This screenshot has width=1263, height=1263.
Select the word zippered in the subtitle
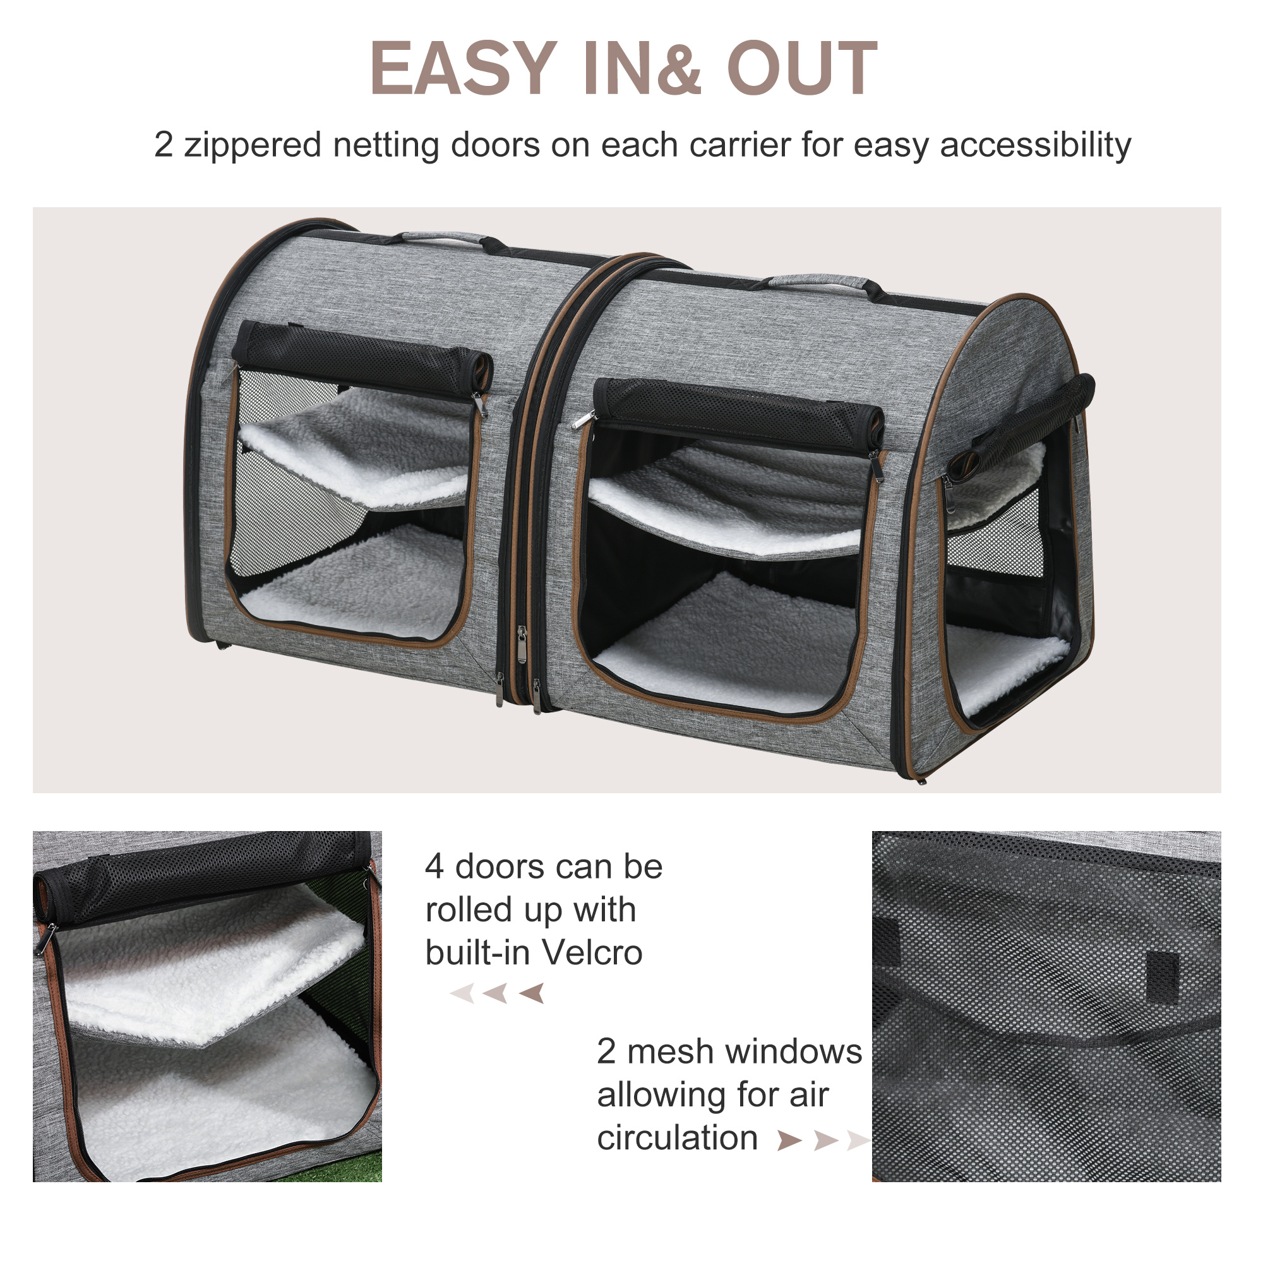pyautogui.click(x=252, y=145)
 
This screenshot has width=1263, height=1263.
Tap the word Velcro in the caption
pyautogui.click(x=592, y=953)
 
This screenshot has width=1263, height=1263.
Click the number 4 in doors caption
pyautogui.click(x=434, y=868)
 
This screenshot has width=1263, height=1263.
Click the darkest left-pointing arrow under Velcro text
pyautogui.click(x=532, y=993)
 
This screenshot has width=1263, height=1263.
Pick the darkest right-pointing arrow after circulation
pyautogui.click(x=789, y=1140)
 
